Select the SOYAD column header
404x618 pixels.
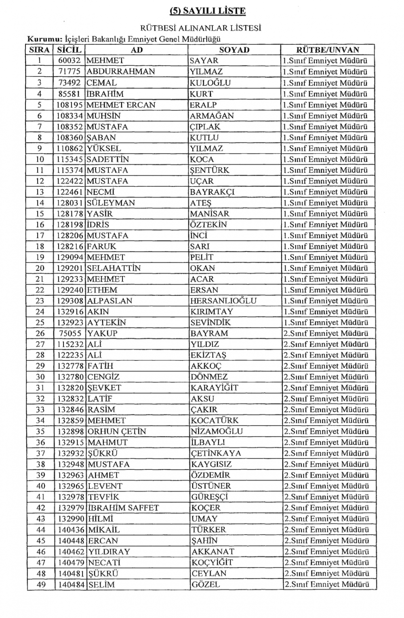[x=234, y=50]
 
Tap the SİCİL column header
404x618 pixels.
[x=69, y=50]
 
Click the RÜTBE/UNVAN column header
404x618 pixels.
[x=327, y=50]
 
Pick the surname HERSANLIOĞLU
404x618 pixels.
[x=223, y=301]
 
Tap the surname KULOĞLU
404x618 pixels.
[x=210, y=83]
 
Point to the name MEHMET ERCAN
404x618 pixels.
[x=121, y=105]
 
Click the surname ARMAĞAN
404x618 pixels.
[x=212, y=116]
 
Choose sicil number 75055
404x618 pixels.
[x=71, y=334]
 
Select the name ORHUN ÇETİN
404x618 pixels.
[x=117, y=432]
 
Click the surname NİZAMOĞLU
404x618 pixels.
[x=217, y=432]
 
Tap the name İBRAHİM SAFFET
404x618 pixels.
[x=123, y=508]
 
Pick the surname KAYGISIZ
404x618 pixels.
[x=211, y=464]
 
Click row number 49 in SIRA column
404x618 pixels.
[x=40, y=584]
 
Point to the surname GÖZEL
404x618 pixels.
[x=206, y=584]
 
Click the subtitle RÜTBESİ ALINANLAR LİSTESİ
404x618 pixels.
[x=200, y=28]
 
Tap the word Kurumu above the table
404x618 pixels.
[x=44, y=39]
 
